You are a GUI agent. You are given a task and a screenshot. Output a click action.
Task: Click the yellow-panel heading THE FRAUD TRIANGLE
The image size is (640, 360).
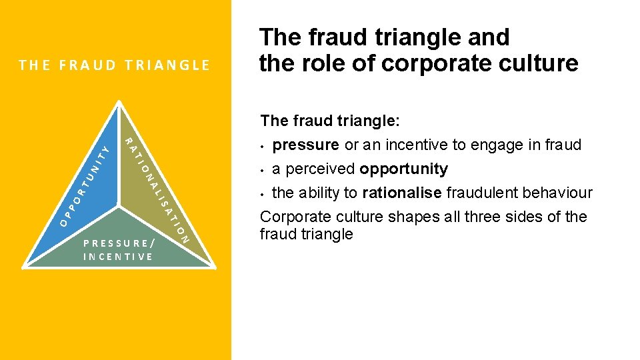pos(115,65)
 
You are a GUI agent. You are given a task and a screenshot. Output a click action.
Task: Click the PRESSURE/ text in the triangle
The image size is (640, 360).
pos(120,243)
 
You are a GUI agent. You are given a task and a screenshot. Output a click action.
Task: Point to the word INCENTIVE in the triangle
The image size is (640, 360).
pos(118,257)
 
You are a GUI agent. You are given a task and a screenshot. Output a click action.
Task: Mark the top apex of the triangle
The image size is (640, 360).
pos(119,102)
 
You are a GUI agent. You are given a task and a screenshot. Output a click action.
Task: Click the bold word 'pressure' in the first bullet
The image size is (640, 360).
pos(307,145)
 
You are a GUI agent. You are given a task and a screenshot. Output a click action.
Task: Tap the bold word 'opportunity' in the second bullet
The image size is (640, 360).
pos(403,169)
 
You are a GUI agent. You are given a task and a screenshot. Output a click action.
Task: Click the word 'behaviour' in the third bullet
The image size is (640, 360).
pos(559,193)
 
